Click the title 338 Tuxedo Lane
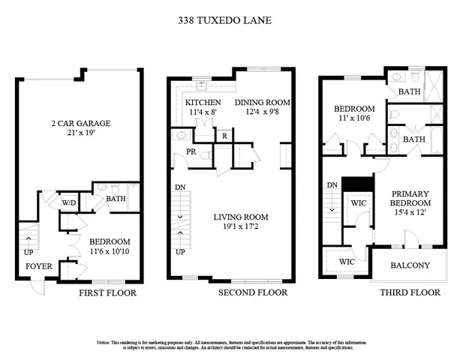coord(233,20)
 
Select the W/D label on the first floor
coord(68,202)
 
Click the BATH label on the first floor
coord(115,199)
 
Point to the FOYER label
coord(38,265)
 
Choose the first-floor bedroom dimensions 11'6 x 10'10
coord(110,252)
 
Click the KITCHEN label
coord(203,102)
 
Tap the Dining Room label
coord(262,102)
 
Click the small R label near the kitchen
coord(224,136)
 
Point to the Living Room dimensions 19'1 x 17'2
coord(241,228)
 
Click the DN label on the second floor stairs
coord(179,187)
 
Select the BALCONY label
coord(410,265)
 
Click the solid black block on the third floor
coord(355,184)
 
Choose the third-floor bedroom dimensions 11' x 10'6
coord(354,118)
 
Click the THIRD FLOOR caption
coord(409,292)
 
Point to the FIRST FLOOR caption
coord(107,292)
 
